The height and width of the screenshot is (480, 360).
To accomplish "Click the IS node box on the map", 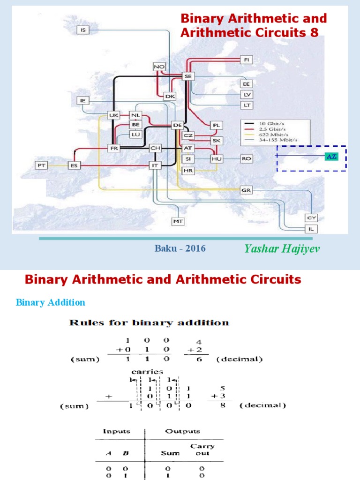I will (x=83, y=30).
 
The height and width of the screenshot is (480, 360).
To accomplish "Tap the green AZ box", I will (x=331, y=157).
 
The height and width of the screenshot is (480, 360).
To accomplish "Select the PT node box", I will (x=42, y=165).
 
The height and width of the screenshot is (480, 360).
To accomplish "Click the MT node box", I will (x=178, y=221).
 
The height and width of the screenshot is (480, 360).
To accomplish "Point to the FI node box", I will (x=247, y=60).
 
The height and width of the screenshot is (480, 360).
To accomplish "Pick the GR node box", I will (x=247, y=190).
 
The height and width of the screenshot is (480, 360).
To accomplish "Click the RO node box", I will (x=247, y=159).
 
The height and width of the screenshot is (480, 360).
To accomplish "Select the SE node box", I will (x=188, y=76).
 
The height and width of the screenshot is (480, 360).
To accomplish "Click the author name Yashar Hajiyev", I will (x=282, y=248).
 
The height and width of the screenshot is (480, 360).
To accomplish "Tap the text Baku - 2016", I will (x=180, y=248).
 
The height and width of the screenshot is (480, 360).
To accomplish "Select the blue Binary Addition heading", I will (x=51, y=302).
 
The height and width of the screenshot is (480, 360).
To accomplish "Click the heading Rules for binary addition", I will (x=149, y=322).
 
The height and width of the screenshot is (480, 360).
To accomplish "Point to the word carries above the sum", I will (x=147, y=371).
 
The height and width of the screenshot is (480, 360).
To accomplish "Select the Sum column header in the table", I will (x=170, y=453).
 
